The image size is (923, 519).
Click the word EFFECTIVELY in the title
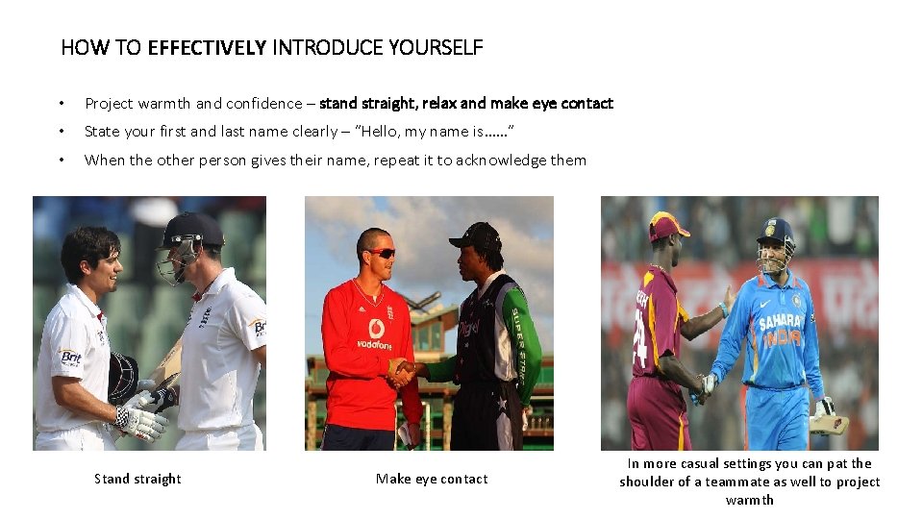[x=207, y=47]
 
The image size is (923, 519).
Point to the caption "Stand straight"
[x=137, y=479]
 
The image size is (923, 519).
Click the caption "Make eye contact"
[x=432, y=479]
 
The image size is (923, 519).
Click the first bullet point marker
[x=62, y=104]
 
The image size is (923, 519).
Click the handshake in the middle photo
[x=402, y=371]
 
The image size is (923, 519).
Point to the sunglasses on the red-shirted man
[x=380, y=253]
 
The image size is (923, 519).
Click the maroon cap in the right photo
[x=669, y=226]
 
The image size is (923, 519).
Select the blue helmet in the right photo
[x=775, y=231]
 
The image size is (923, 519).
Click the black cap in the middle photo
[x=478, y=235]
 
